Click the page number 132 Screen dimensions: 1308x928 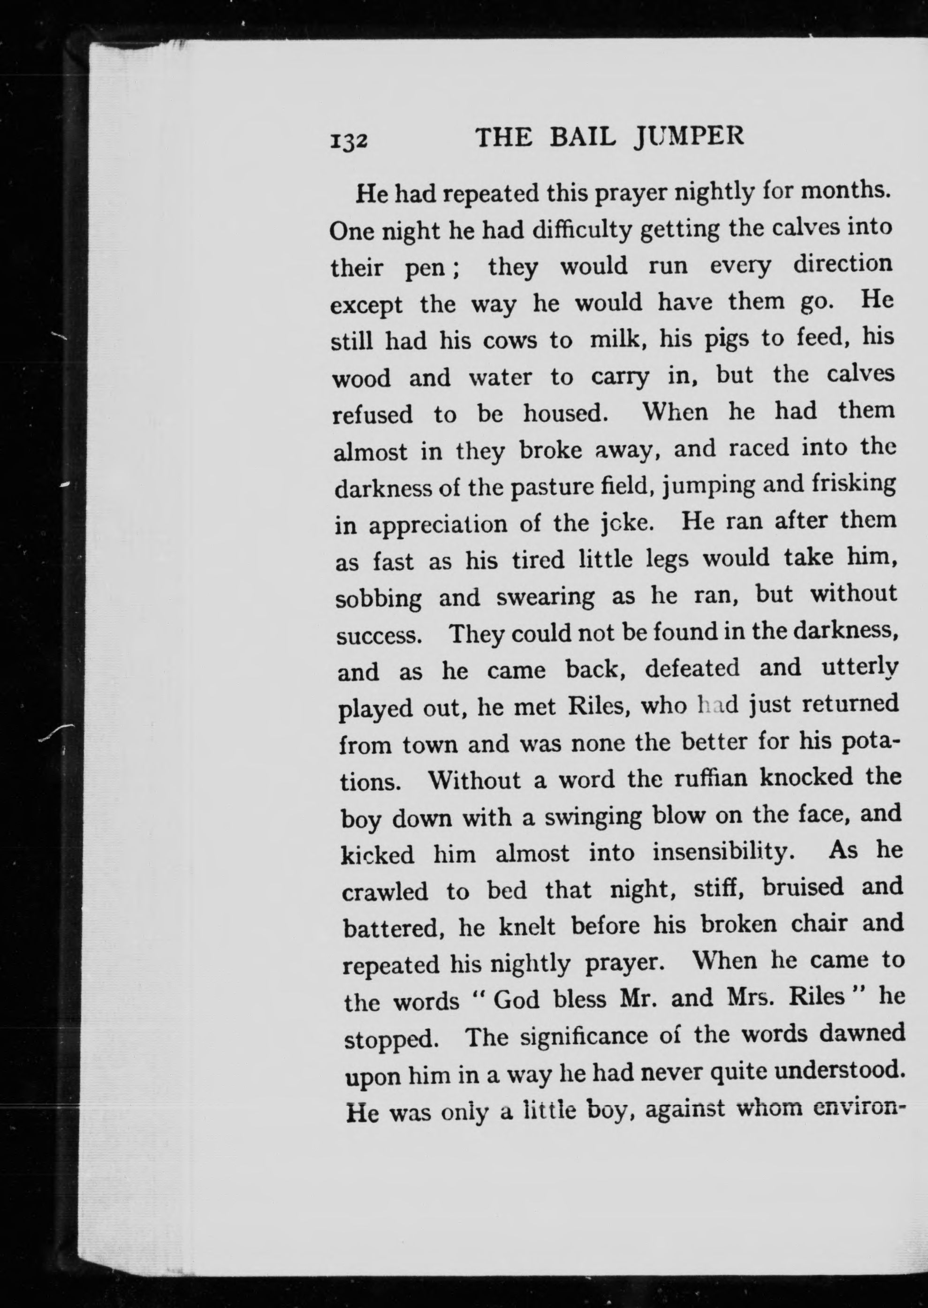pos(347,139)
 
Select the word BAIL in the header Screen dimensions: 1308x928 pos(577,137)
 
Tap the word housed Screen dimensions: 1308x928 pos(564,414)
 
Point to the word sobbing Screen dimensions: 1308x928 pos(378,598)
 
